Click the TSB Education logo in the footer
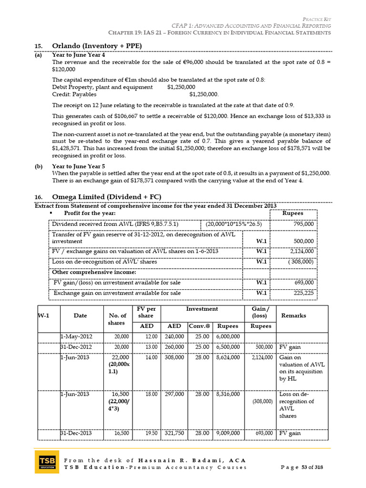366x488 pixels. (47, 461)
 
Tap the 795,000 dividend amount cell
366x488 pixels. (304, 224)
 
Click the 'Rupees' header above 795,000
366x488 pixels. (293, 213)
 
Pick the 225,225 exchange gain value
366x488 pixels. (304, 293)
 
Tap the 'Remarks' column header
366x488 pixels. (294, 315)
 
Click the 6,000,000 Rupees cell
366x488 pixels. (228, 336)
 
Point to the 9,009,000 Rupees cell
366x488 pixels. (228, 433)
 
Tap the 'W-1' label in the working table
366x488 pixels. (44, 315)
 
